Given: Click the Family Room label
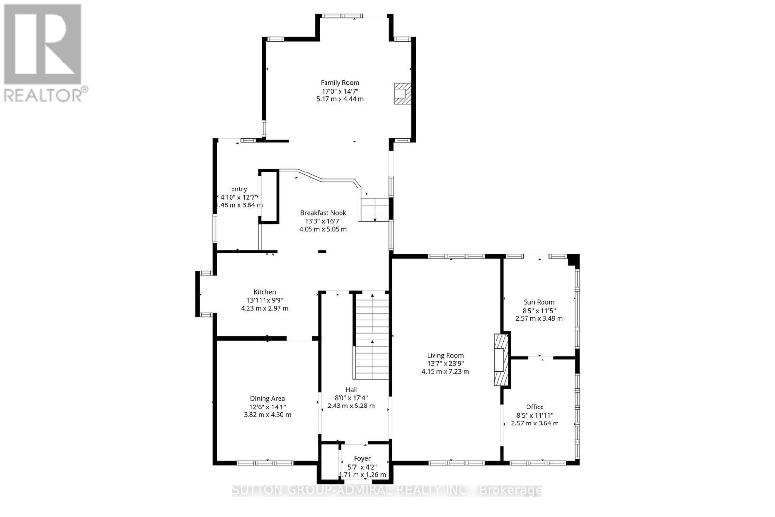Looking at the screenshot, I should click(340, 83).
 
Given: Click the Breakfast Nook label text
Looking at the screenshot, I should click(323, 213).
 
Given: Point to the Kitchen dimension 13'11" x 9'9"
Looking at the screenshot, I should click(264, 300).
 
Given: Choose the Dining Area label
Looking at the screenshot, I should click(267, 398).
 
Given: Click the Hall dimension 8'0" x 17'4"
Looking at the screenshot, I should click(351, 398).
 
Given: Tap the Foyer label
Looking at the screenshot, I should click(362, 458).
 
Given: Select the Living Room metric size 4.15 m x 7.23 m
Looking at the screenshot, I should click(445, 372).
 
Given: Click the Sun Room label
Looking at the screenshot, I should click(539, 302).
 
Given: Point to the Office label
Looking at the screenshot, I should click(535, 407).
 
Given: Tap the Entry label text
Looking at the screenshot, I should click(239, 189).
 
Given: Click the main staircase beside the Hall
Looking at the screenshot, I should click(372, 334).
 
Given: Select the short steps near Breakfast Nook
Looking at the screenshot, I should click(375, 209).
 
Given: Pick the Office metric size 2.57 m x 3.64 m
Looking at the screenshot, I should click(535, 423).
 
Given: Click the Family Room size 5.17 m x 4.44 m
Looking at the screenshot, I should click(340, 99).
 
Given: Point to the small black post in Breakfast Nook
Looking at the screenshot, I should click(322, 251).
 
